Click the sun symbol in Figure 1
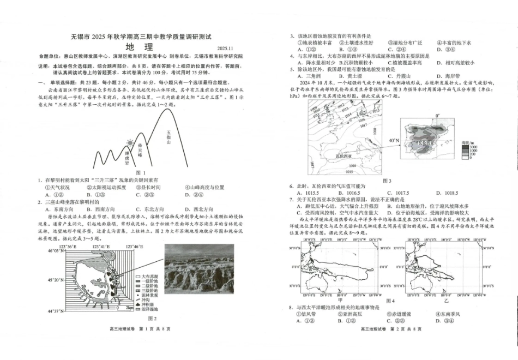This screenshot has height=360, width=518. (130, 143)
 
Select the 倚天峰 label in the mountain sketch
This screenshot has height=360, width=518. (143, 149)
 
